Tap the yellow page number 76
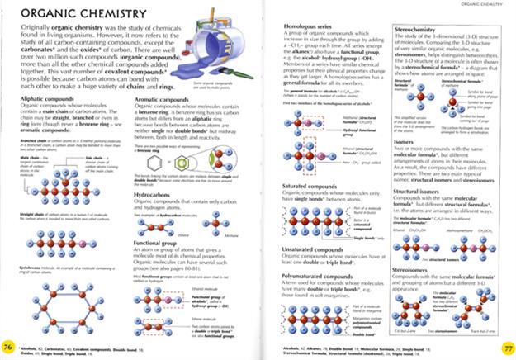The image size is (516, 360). (x=8, y=345)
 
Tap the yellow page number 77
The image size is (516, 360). (x=508, y=345)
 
